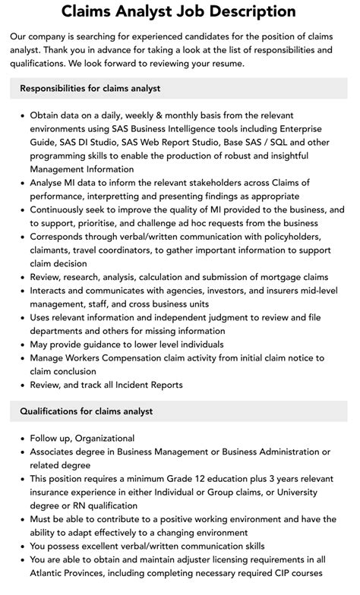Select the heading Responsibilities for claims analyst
point(90,89)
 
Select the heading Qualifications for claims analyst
point(87,411)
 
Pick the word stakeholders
point(210,182)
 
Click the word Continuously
point(64,209)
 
